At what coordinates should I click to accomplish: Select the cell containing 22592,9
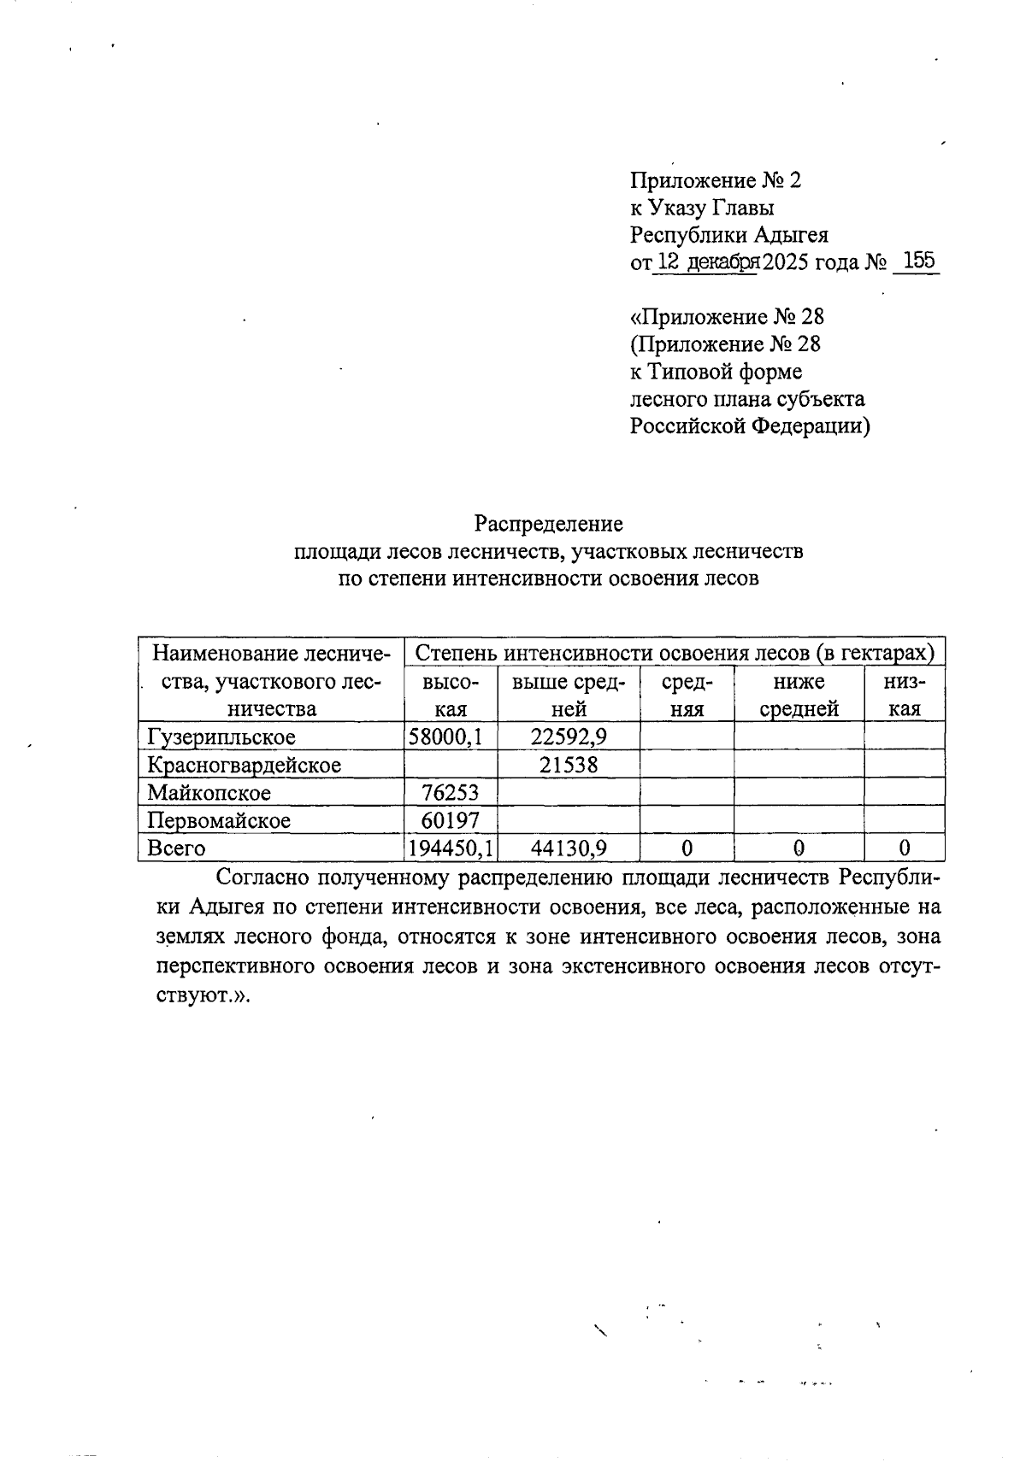[x=569, y=737]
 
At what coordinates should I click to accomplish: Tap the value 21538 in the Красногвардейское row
[x=569, y=765]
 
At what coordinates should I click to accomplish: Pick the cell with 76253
[x=450, y=793]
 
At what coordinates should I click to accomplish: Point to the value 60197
[x=450, y=820]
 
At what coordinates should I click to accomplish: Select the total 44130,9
[x=569, y=848]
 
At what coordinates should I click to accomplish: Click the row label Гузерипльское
[x=221, y=737]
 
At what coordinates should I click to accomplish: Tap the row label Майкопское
[x=209, y=793]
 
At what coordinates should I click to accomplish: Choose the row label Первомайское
[x=219, y=820]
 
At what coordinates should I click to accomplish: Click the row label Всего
[x=176, y=848]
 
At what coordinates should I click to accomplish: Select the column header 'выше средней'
[x=569, y=695]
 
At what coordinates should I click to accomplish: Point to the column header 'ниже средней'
[x=799, y=695]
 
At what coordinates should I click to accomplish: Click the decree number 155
[x=917, y=261]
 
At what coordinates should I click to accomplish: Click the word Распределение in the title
[x=549, y=523]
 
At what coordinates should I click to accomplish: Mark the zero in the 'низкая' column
[x=904, y=848]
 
